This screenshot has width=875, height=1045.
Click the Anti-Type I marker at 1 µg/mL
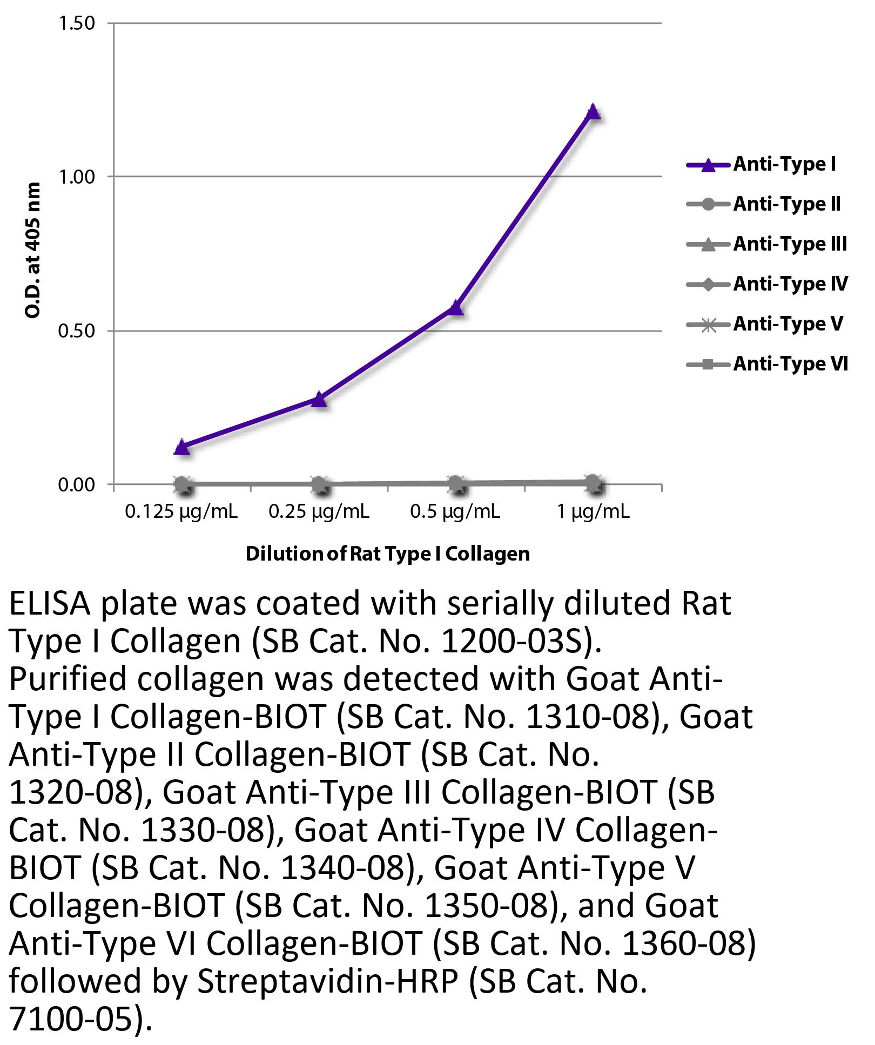click(593, 112)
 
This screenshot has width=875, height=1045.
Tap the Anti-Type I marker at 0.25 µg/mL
click(319, 399)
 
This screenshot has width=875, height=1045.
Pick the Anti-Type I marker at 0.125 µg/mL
click(183, 447)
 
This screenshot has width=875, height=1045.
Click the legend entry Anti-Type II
click(786, 204)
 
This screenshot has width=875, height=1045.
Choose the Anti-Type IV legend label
click(790, 284)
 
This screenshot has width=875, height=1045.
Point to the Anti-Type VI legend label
click(790, 364)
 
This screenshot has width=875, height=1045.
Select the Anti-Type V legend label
click(787, 324)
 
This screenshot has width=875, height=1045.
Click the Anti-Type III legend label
click(790, 244)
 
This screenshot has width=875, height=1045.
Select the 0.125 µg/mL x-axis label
click(181, 511)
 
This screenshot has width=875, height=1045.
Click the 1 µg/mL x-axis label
click(593, 511)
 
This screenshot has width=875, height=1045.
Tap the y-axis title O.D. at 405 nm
click(33, 250)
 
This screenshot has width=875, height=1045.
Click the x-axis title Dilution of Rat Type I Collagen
click(388, 554)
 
